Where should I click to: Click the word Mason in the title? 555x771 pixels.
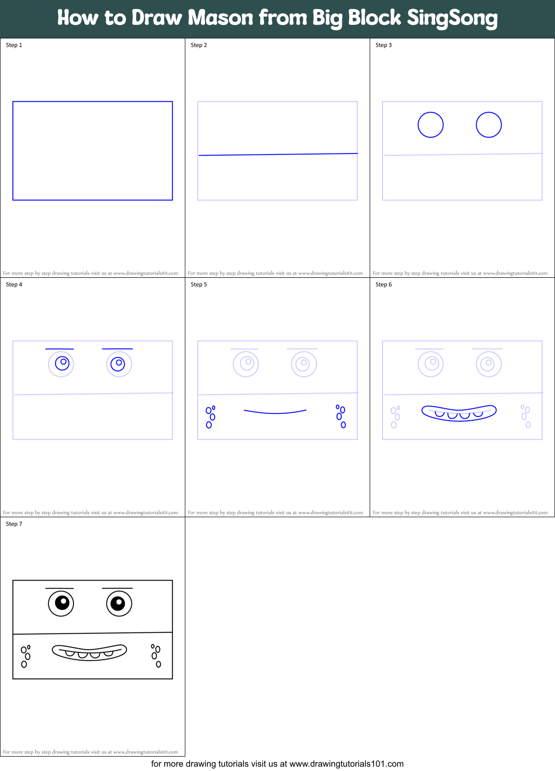pyautogui.click(x=220, y=18)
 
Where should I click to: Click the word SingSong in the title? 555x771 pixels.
pyautogui.click(x=452, y=18)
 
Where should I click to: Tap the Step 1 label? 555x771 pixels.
pyautogui.click(x=14, y=45)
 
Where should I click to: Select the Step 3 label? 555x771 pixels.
pyautogui.click(x=384, y=45)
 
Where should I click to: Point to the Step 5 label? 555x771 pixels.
pyautogui.click(x=199, y=285)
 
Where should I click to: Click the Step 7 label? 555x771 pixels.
pyautogui.click(x=14, y=524)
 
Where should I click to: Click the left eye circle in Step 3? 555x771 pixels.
pyautogui.click(x=431, y=125)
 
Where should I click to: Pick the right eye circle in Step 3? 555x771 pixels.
pyautogui.click(x=489, y=125)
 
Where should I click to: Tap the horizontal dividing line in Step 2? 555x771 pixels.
pyautogui.click(x=277, y=154)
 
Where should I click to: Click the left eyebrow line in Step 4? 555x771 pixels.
pyautogui.click(x=60, y=349)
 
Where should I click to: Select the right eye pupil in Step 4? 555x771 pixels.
pyautogui.click(x=118, y=364)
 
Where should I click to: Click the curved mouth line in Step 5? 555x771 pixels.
pyautogui.click(x=275, y=412)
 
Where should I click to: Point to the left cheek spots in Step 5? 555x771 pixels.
pyautogui.click(x=210, y=416)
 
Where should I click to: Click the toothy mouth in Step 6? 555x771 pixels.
pyautogui.click(x=459, y=413)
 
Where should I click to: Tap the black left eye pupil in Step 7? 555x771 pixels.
pyautogui.click(x=62, y=603)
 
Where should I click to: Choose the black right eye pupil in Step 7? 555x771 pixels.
pyautogui.click(x=118, y=603)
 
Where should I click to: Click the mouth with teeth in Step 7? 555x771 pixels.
pyautogui.click(x=89, y=652)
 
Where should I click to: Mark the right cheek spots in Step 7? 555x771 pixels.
pyautogui.click(x=156, y=655)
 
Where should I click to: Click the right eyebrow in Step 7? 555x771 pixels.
pyautogui.click(x=117, y=588)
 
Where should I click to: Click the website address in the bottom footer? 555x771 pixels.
pyautogui.click(x=346, y=764)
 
